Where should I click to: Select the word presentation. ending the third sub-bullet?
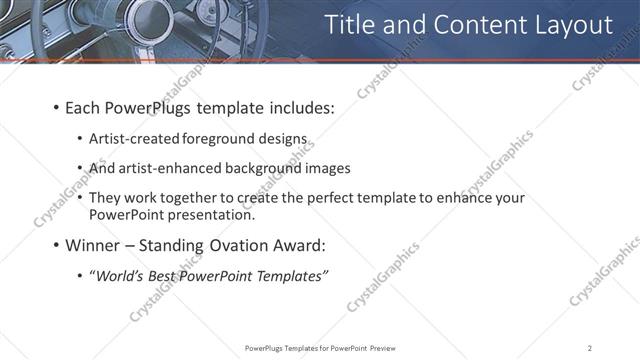click(x=211, y=214)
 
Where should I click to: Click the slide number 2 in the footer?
click(x=591, y=348)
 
